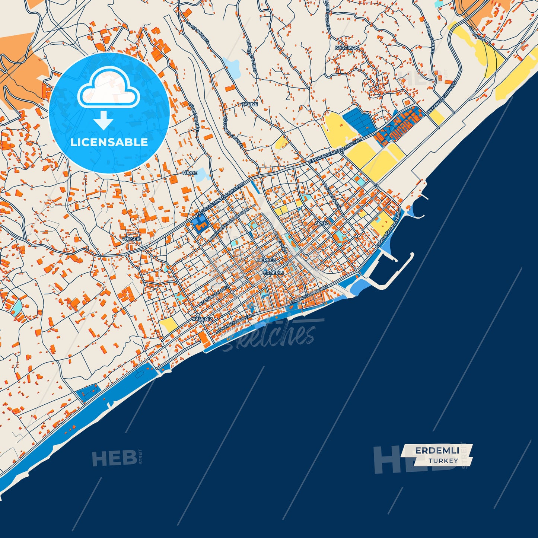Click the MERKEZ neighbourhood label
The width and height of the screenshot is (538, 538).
(267, 260)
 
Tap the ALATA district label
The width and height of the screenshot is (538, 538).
(322, 223)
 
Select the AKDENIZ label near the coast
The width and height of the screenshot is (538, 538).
(203, 319)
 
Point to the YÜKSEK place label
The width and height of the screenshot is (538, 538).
(131, 239)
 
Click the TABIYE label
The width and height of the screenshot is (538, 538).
(250, 104)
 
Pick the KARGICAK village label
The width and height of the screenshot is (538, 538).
(347, 48)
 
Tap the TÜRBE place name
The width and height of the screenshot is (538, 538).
(190, 173)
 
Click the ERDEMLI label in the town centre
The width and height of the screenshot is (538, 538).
(273, 273)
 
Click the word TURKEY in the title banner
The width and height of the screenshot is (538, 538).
(443, 461)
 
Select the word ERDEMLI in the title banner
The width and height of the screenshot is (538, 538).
(437, 451)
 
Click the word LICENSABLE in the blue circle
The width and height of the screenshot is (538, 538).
(109, 142)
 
